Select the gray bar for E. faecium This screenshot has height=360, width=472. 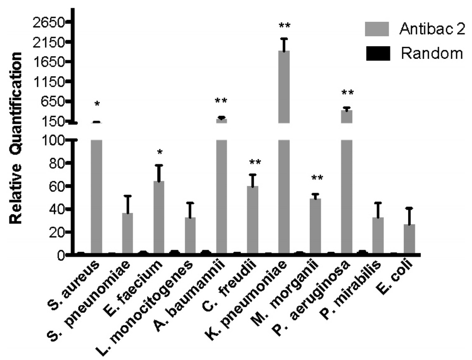pos(159,217)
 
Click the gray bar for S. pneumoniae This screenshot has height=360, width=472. pos(128,233)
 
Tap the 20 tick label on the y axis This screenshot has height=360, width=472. pos(62,232)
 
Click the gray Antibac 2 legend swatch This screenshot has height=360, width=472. pos(377,29)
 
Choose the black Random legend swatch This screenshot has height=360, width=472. pos(377,54)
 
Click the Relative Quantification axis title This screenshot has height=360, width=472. pos(15,138)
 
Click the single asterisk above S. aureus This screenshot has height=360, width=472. pos(97,105)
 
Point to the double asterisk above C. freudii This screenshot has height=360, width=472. pos(255,163)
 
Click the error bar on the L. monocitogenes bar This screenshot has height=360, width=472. pos(190,210)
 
